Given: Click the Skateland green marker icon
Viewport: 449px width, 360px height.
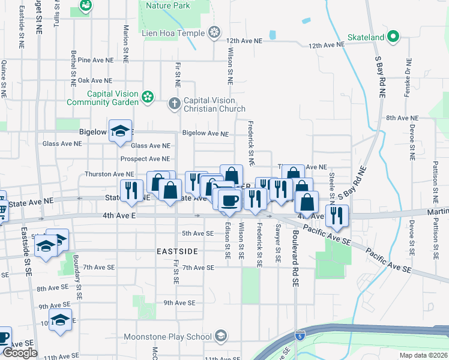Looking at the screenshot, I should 393,37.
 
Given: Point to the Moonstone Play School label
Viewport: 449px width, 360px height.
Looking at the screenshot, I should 169,335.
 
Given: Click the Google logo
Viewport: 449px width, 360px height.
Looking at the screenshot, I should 20,353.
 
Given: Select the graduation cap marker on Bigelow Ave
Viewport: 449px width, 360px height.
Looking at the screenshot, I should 120,131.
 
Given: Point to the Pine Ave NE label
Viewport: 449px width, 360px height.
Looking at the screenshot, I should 95,60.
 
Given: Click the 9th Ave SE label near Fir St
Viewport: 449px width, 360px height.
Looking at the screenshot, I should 180,303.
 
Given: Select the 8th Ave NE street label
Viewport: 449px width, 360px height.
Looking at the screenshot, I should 402,118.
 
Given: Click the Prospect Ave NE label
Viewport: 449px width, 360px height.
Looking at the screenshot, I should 145,159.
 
